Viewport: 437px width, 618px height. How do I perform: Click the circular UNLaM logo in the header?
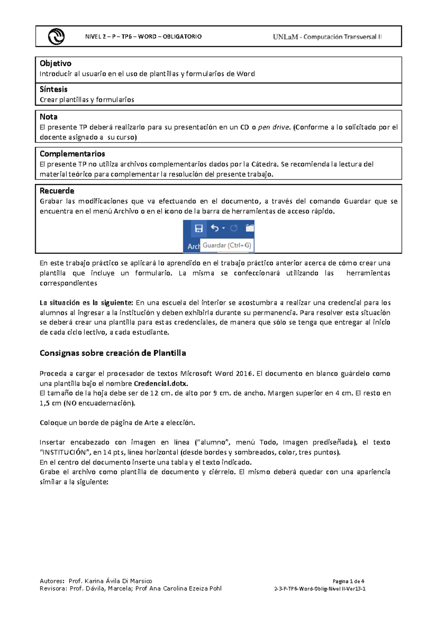click(x=56, y=36)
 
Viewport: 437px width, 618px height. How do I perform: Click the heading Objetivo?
click(x=55, y=63)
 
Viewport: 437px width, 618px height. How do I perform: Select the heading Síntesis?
click(x=54, y=89)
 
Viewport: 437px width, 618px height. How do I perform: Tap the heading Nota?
click(x=48, y=117)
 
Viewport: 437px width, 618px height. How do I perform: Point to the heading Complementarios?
click(x=72, y=154)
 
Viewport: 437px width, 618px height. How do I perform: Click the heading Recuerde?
click(x=57, y=191)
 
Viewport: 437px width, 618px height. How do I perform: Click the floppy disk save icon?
click(x=199, y=228)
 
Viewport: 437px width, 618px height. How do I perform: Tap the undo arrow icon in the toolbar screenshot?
click(x=215, y=228)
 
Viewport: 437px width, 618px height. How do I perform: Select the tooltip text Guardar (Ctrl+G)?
click(x=227, y=245)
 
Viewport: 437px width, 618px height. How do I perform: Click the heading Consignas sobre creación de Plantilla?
click(x=113, y=353)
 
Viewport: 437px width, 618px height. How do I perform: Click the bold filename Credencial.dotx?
click(x=161, y=383)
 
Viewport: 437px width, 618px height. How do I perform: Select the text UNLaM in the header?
click(x=285, y=37)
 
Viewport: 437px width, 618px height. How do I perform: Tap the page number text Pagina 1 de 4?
click(x=348, y=581)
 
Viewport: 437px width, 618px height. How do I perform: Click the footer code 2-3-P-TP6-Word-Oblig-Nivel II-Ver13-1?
click(x=320, y=589)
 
